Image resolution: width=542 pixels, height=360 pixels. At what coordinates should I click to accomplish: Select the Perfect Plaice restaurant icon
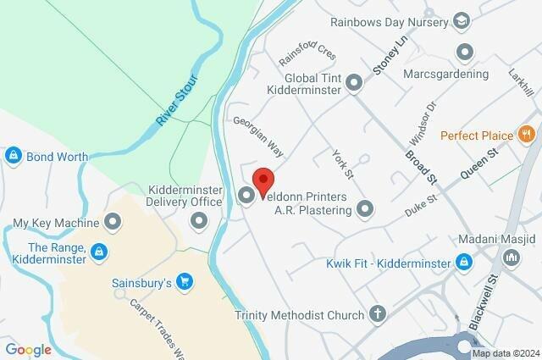pos(527,135)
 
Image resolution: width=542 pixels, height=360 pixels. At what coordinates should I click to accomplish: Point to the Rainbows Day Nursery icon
pos(462,20)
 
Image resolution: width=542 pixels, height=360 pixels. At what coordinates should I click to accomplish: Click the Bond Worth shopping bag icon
pos(13,157)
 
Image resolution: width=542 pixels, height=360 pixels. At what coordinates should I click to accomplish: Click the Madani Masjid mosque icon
pos(464,263)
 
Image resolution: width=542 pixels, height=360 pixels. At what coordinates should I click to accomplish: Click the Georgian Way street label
pos(258,137)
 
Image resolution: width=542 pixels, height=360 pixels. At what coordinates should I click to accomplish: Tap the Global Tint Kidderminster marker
pos(355,82)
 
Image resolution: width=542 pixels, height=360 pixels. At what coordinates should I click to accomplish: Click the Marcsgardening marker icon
pos(464,53)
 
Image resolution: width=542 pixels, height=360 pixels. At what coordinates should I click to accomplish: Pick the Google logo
pos(28,349)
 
